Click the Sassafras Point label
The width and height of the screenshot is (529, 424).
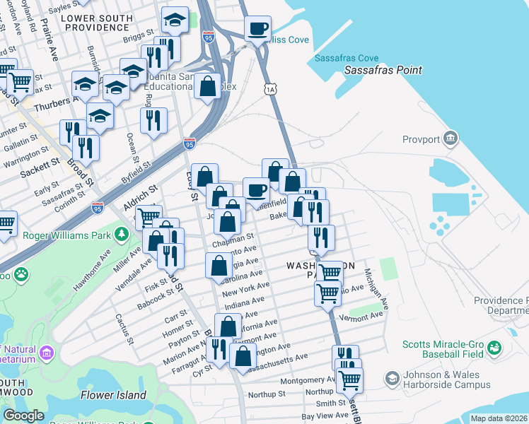click(383, 70)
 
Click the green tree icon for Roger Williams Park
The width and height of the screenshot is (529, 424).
click(122, 234)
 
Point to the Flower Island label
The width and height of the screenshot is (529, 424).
click(113, 395)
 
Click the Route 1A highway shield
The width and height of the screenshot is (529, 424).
click(269, 88)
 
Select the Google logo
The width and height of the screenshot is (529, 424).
click(23, 416)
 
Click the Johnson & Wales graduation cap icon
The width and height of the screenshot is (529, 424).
click(391, 379)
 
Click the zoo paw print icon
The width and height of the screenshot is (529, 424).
click(22, 272)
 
